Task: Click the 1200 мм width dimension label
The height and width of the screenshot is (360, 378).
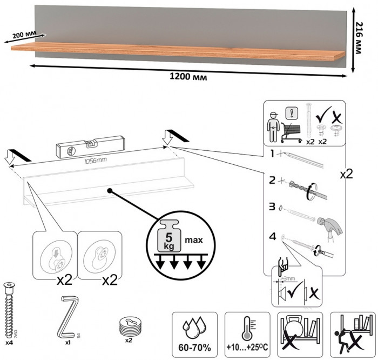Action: click(x=188, y=76)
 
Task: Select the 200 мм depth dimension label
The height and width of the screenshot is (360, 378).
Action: click(x=22, y=36)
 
